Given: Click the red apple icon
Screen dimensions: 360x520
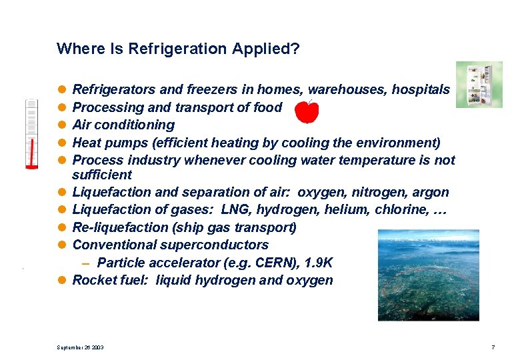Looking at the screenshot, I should click(x=307, y=112).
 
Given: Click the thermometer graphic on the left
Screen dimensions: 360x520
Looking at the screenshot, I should click(x=31, y=133).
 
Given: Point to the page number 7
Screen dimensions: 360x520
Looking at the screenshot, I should click(x=493, y=347).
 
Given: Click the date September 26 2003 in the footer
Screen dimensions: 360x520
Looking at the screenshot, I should click(x=80, y=347).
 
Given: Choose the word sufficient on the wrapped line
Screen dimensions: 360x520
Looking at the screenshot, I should click(x=102, y=175).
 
